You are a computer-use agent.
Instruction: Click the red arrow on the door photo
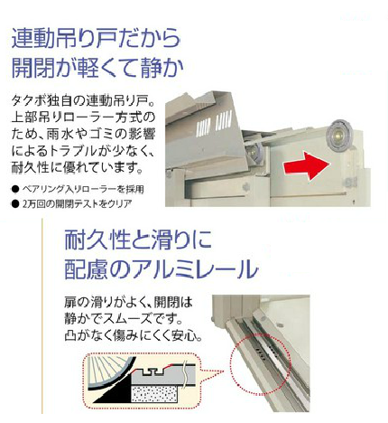(x=307, y=166)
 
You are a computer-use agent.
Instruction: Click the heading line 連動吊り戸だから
(x=97, y=38)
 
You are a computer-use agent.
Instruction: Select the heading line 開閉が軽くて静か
(x=97, y=68)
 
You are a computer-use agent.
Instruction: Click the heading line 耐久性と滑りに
(x=138, y=240)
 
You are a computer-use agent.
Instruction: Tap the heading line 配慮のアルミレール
(x=162, y=268)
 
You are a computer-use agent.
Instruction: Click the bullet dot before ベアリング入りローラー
(x=15, y=189)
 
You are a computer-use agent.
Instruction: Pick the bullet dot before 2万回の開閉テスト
(x=15, y=204)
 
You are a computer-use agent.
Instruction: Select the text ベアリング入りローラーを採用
(x=83, y=189)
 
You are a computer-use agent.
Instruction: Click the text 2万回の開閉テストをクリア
(x=77, y=204)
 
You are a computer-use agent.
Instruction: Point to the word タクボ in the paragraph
(x=28, y=100)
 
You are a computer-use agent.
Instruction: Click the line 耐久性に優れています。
(x=77, y=167)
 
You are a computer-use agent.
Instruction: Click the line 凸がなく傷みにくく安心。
(x=133, y=335)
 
